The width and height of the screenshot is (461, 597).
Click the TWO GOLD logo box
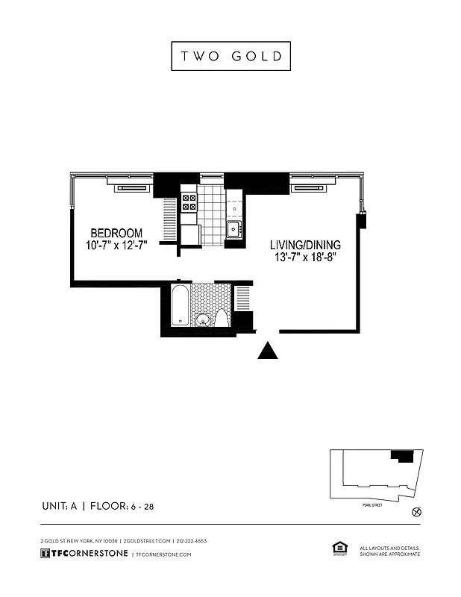[x=230, y=56]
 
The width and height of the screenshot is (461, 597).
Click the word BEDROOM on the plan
[x=116, y=233]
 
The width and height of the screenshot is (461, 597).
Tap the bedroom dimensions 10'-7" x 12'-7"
[x=116, y=246]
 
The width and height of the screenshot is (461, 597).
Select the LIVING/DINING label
[x=305, y=245]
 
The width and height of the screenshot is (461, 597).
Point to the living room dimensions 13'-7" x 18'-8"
[x=305, y=258]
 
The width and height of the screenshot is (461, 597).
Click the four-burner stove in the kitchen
[x=189, y=201]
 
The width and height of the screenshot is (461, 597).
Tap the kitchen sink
[x=233, y=229]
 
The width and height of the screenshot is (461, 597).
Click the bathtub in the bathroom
[x=180, y=305]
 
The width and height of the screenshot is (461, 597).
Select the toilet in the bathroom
[x=222, y=319]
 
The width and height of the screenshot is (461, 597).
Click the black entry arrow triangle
[x=268, y=351]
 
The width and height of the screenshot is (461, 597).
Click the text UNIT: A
[x=60, y=507]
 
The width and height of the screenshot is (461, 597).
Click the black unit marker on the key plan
[x=403, y=455]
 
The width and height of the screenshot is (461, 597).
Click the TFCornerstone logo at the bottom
[x=84, y=554]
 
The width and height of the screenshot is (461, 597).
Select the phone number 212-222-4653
[x=192, y=540]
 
